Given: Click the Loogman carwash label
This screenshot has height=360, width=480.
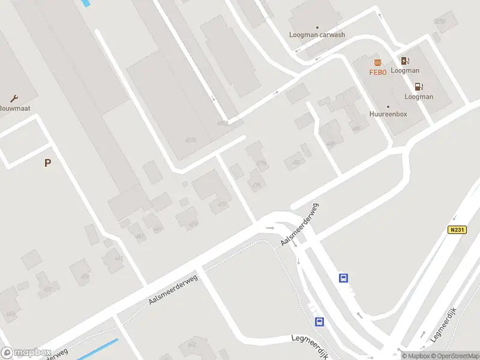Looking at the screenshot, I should click(x=317, y=35).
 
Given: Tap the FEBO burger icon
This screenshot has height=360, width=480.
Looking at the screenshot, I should click(x=377, y=62).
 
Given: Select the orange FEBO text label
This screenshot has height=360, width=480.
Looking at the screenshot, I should click(x=377, y=72).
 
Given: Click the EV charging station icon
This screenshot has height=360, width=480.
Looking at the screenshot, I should click(x=405, y=61).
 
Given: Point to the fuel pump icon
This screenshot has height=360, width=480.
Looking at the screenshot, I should click(x=419, y=87).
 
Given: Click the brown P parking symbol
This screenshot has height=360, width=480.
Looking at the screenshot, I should click(x=47, y=163).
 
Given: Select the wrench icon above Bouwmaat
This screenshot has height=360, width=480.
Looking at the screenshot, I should click(x=14, y=98).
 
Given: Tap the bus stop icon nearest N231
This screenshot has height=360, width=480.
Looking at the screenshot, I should click(x=343, y=278).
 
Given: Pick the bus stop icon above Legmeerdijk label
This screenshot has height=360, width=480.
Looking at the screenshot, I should click(x=320, y=322).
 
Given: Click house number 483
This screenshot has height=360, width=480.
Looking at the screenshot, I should click(x=295, y=161).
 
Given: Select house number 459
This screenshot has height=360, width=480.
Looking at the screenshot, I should click(x=85, y=277).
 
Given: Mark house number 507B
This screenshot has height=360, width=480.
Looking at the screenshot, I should click(x=440, y=22).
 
